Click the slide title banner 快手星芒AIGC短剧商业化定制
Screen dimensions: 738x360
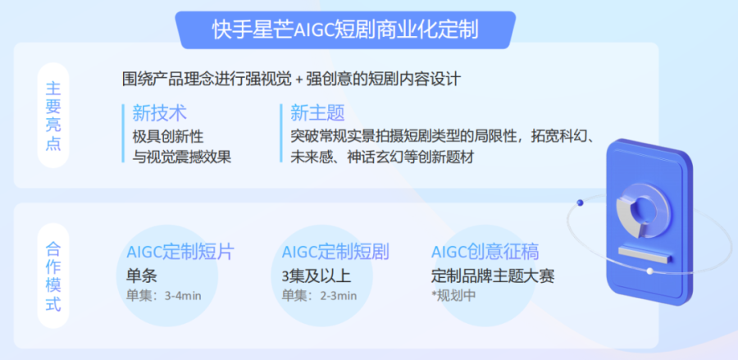coord(345,30)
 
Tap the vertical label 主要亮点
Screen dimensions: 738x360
coord(53,116)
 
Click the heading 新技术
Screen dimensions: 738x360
coord(160,113)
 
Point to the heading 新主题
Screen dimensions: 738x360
coord(317,113)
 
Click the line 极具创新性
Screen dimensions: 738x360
coord(168,136)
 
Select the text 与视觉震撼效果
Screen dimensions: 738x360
coord(182,157)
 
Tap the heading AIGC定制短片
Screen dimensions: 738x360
coord(180,253)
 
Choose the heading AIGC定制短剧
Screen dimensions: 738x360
coord(335,253)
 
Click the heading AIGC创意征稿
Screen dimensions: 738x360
coord(485,253)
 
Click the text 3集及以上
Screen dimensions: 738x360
coord(317,276)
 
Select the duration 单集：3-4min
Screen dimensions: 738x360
coord(163,296)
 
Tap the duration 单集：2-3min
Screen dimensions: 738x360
coord(319,296)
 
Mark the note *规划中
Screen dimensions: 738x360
coord(453,296)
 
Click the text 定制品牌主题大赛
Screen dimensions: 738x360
coord(493,276)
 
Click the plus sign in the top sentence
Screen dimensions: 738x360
coord(298,80)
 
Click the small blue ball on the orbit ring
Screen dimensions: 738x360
coord(580,203)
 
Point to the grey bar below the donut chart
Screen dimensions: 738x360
coord(644,254)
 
